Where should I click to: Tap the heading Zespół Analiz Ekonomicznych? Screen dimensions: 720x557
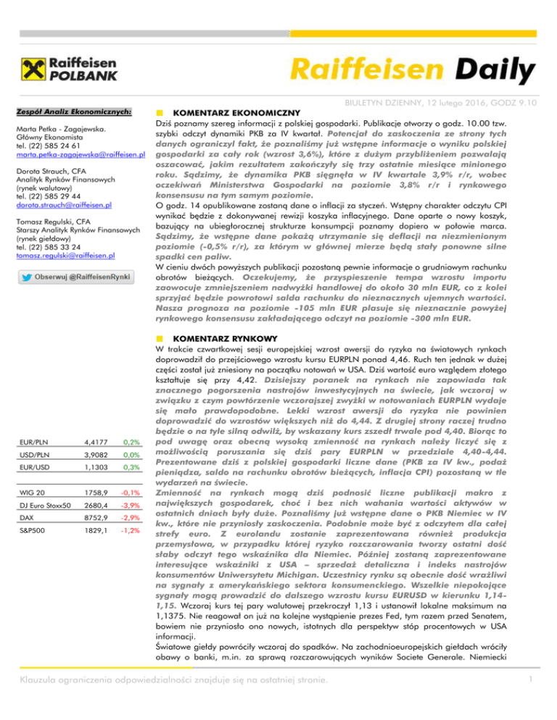tap(75, 112)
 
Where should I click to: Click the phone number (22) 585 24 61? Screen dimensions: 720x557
tap(54, 145)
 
